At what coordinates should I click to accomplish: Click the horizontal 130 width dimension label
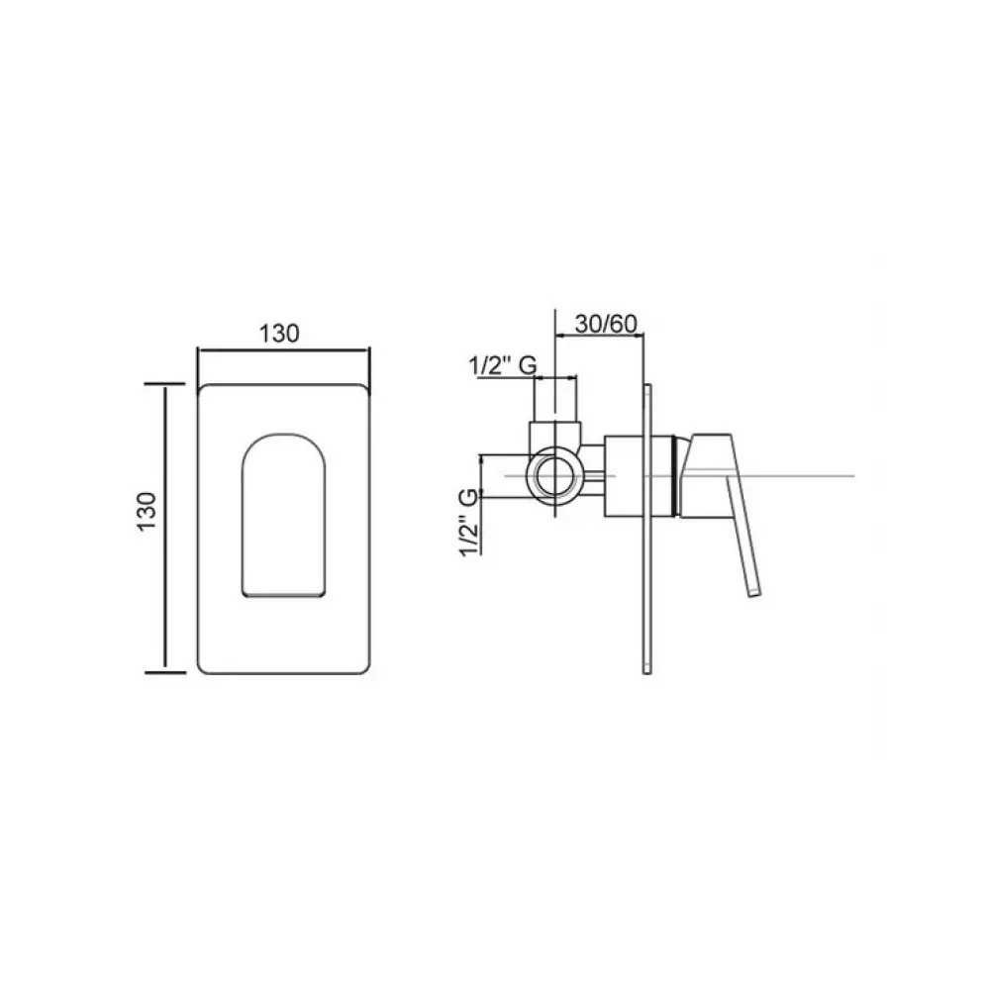click(x=279, y=334)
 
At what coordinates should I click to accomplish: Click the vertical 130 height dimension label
click(x=148, y=512)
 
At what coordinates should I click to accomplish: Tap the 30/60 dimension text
click(x=606, y=324)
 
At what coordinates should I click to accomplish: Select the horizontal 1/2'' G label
click(x=503, y=365)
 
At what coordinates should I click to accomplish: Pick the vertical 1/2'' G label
click(x=469, y=522)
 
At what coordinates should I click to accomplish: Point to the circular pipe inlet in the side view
click(x=555, y=475)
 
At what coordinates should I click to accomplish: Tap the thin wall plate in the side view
click(x=646, y=530)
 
